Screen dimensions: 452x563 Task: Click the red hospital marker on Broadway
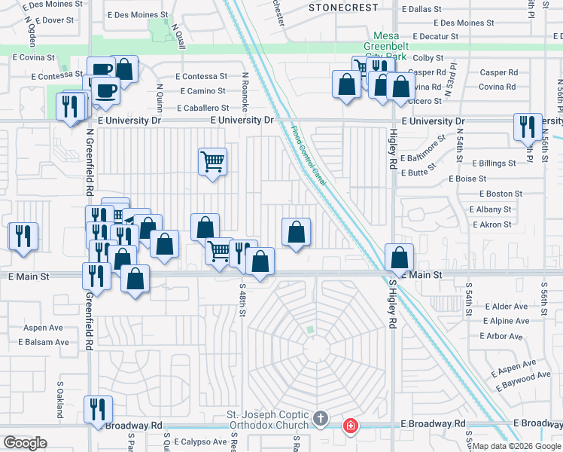click(350, 427)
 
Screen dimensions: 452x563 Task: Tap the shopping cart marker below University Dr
click(213, 160)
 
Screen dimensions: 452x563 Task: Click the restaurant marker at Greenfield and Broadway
click(98, 409)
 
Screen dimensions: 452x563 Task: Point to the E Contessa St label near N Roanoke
click(202, 77)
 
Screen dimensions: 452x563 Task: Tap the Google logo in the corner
click(26, 443)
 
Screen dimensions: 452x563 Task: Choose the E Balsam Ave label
click(43, 342)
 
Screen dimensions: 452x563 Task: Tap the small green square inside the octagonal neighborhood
click(309, 329)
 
